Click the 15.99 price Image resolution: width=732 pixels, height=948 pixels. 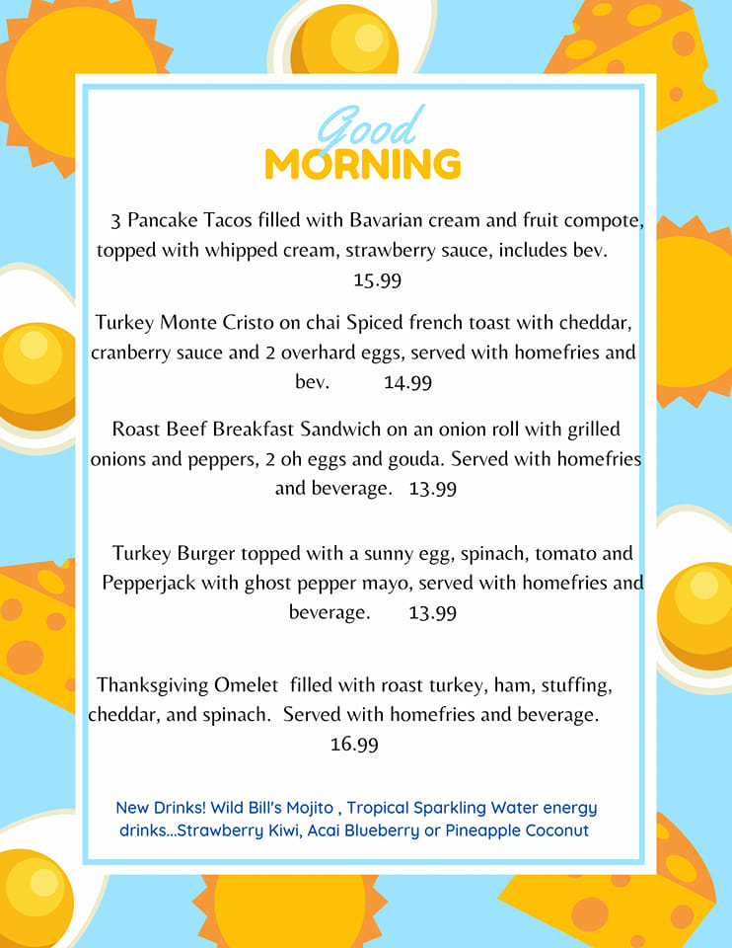pos(378,280)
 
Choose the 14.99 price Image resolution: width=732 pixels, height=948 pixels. pos(407,383)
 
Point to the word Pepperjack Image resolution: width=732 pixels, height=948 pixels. pos(149,583)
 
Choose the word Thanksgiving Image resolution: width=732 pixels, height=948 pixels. pos(152,685)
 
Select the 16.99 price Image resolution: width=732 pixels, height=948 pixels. pos(354,745)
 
